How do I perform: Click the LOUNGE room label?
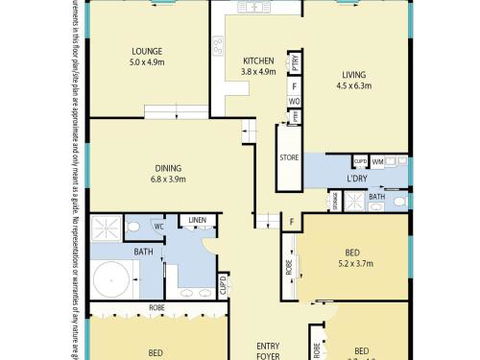point(149,50)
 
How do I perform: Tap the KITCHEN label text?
point(259,60)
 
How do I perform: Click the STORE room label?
point(289,157)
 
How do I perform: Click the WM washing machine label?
point(378,161)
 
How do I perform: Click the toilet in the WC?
point(132,230)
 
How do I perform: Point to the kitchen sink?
point(254,9)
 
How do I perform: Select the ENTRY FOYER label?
point(269,349)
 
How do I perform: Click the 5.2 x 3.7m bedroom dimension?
point(355,264)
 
